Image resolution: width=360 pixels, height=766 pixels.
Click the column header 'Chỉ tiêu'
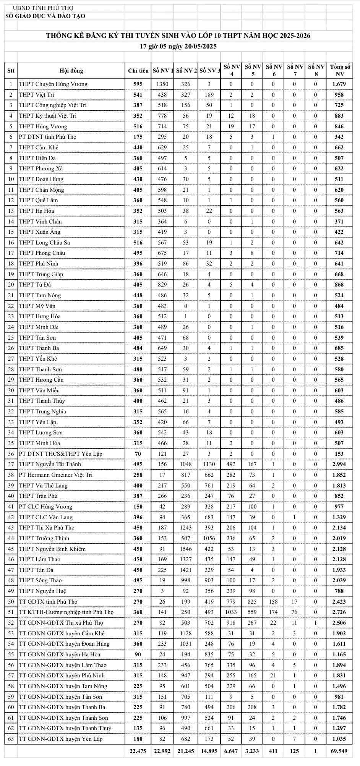pyautogui.click(x=138, y=71)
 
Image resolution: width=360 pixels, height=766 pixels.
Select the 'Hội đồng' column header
pyautogui.click(x=71, y=71)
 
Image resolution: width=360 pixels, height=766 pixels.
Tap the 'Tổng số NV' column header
pyautogui.click(x=339, y=71)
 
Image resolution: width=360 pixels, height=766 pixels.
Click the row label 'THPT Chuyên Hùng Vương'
pyautogui.click(x=53, y=84)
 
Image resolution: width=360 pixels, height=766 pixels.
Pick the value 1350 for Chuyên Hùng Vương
pyautogui.click(x=162, y=84)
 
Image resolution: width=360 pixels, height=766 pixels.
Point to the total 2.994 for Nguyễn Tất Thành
pyautogui.click(x=339, y=464)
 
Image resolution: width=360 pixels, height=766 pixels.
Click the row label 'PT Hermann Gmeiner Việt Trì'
pyautogui.click(x=56, y=475)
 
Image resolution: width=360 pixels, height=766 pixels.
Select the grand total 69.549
pyautogui.click(x=339, y=751)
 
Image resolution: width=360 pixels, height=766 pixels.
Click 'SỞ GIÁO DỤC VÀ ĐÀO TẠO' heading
pyautogui.click(x=45, y=16)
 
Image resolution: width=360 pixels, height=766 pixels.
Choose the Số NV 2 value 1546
pyautogui.click(x=186, y=549)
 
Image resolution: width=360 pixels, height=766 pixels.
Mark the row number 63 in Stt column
pyautogui.click(x=11, y=739)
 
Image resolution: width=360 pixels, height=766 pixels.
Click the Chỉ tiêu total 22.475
pyautogui.click(x=138, y=751)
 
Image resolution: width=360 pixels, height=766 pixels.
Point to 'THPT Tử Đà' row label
pyautogui.click(x=35, y=285)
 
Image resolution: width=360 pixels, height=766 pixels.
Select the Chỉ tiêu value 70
pyautogui.click(x=138, y=454)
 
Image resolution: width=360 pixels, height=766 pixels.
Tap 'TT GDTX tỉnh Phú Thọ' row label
pyautogui.click(x=48, y=602)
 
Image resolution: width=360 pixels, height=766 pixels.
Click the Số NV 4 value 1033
pyautogui.click(x=231, y=612)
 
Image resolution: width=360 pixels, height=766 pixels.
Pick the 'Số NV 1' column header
pyautogui.click(x=163, y=71)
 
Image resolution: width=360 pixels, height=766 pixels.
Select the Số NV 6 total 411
pyautogui.click(x=274, y=751)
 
